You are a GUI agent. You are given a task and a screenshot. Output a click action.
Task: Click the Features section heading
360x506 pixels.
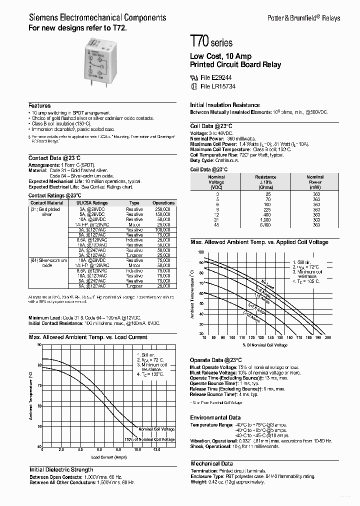pyautogui.click(x=39, y=106)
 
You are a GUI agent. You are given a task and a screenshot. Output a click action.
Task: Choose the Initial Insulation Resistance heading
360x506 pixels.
pyautogui.click(x=224, y=105)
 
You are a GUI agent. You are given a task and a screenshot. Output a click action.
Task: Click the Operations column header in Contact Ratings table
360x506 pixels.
pyautogui.click(x=163, y=203)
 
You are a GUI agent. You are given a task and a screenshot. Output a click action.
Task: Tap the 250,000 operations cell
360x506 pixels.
pyautogui.click(x=163, y=209)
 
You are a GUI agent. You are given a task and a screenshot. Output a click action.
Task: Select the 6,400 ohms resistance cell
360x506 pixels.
pyautogui.click(x=265, y=225)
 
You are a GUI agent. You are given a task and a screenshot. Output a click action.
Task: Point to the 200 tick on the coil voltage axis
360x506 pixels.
pyautogui.click(x=327, y=337)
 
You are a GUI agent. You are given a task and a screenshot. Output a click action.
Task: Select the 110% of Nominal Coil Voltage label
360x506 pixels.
pyautogui.click(x=150, y=439)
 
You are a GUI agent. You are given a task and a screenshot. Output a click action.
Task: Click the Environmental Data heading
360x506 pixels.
pyautogui.click(x=215, y=417)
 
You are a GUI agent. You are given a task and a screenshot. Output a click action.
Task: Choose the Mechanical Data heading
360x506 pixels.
pyautogui.click(x=211, y=463)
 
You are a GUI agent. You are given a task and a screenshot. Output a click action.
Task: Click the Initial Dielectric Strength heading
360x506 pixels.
pyautogui.click(x=61, y=469)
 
